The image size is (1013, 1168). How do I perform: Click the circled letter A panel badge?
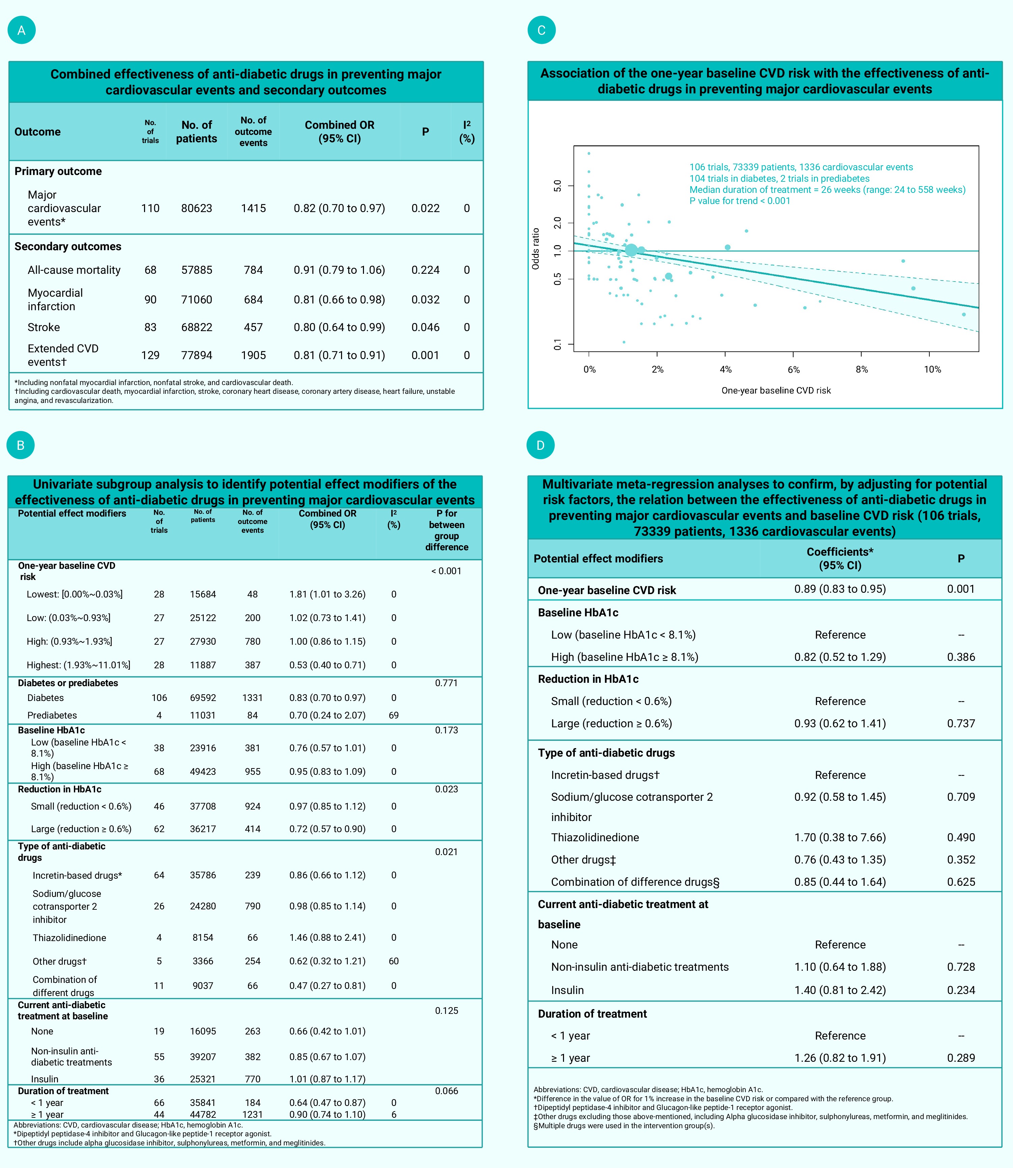[22, 30]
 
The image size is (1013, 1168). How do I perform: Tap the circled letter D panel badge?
[540, 445]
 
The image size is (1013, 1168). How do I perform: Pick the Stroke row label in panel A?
[44, 327]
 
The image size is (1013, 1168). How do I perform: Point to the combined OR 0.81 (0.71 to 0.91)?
[339, 355]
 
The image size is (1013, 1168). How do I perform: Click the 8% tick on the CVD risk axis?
[862, 370]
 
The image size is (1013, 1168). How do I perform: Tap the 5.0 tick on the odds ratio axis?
[557, 185]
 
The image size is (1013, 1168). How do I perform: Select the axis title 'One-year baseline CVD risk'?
[776, 390]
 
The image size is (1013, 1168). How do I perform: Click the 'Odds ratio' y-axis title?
[535, 249]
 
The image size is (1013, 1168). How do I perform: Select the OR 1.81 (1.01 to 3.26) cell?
[327, 594]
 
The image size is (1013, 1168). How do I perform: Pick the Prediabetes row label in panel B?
[52, 716]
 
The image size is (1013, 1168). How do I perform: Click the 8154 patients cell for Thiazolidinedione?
[203, 937]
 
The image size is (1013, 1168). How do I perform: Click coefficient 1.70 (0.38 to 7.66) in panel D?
[840, 838]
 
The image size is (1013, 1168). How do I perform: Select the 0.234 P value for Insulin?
[961, 990]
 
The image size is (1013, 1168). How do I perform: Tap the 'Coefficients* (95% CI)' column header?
[840, 558]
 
